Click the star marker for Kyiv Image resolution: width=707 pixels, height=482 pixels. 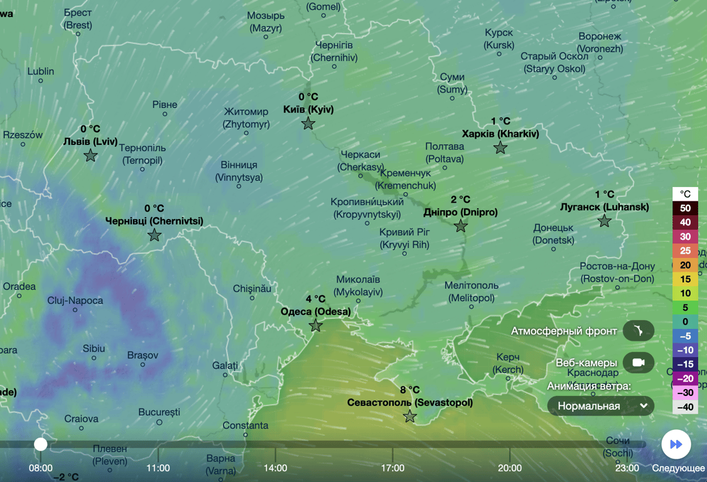point(308,124)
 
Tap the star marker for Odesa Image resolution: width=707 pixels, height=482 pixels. point(316,326)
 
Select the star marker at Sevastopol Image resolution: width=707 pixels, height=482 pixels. point(410,416)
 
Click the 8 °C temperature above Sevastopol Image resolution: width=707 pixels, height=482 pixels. point(409,390)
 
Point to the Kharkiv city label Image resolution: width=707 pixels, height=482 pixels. point(500,134)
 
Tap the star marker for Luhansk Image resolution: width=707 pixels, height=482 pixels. point(604,221)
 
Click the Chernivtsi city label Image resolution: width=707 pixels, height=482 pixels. point(154,221)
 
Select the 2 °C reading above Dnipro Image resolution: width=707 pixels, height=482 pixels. point(460,200)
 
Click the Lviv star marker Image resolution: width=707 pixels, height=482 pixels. point(90,155)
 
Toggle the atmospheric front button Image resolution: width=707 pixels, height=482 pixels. point(639,331)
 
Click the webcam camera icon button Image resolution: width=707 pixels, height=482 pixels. point(639,363)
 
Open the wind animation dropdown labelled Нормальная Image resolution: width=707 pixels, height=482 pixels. point(601,406)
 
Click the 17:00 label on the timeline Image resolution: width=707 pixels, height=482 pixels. point(392,468)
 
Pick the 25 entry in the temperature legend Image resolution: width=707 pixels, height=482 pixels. point(685,250)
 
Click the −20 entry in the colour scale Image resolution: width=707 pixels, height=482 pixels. point(685,378)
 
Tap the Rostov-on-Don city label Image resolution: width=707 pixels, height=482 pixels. point(617,272)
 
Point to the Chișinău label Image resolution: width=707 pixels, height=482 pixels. point(252,289)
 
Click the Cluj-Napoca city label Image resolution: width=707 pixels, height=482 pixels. point(75,301)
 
